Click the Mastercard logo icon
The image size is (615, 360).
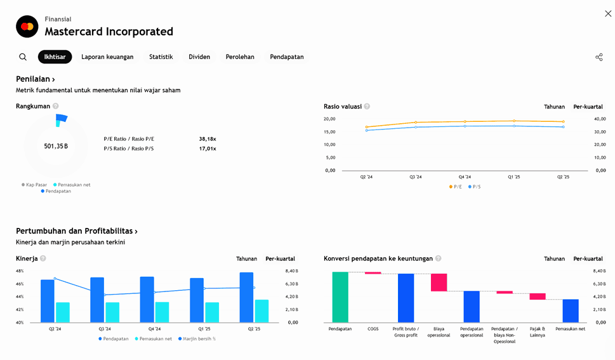pos(27,27)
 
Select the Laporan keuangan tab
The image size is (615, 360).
pos(107,57)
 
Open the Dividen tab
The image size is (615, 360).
pos(199,57)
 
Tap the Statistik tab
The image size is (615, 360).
pos(161,57)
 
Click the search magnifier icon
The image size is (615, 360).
pos(23,57)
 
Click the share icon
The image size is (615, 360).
pos(598,57)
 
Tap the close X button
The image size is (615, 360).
pos(608,13)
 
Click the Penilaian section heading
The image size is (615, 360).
pos(35,79)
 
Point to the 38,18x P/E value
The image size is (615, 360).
pos(208,138)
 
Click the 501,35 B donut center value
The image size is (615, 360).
pos(56,146)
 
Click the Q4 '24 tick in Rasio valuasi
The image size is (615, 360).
pos(465,177)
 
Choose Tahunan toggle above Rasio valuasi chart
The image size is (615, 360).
pos(554,107)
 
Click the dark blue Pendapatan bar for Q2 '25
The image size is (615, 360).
pos(246,297)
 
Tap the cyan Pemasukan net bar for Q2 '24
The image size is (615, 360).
pos(63,312)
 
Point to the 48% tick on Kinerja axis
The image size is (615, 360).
pos(20,271)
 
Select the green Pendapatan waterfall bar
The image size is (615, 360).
pos(340,297)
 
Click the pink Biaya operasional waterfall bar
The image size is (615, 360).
pos(439,283)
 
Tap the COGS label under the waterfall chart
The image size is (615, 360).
pos(373,329)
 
